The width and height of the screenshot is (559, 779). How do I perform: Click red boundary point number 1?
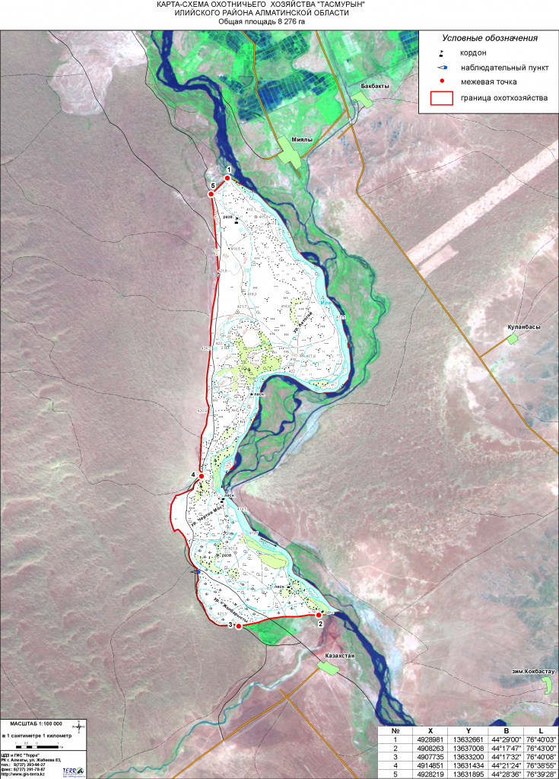coord(227,178)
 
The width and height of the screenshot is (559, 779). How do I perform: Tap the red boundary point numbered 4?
coord(202,476)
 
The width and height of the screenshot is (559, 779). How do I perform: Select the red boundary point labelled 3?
coord(238,626)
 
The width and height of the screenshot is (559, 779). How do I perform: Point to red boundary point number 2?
coord(319,615)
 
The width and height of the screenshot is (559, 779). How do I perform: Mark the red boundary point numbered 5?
coord(211,194)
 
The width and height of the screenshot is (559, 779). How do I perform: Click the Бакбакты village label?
coord(376,86)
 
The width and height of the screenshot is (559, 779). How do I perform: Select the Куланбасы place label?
coord(524,327)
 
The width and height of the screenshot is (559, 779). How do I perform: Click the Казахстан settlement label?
coord(339,655)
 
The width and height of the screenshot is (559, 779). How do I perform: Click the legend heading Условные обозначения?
coord(490,38)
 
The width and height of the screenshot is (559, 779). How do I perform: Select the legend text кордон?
coord(474,52)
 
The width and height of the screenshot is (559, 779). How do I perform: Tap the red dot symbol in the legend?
coord(442,80)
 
